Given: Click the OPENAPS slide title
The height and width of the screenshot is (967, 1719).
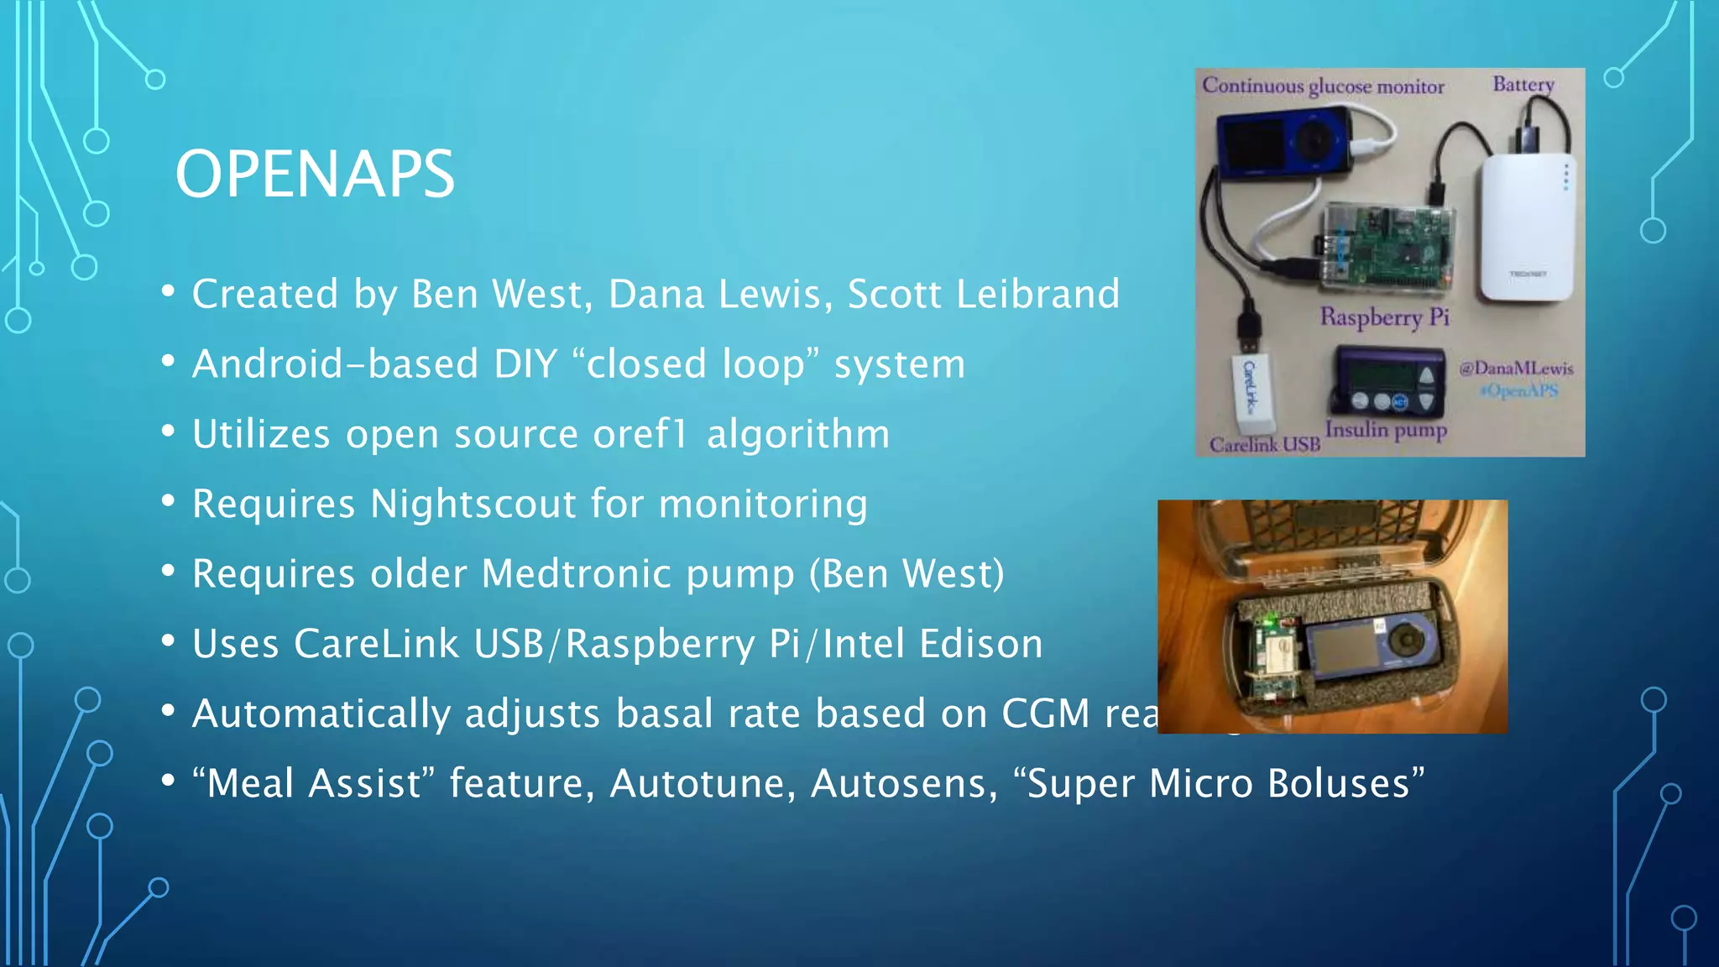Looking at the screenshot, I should [315, 174].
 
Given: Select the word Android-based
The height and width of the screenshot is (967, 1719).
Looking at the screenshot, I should [335, 364].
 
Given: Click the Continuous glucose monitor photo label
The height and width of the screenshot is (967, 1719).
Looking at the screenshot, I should [1323, 86].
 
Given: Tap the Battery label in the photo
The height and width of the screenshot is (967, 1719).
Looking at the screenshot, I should [1523, 84].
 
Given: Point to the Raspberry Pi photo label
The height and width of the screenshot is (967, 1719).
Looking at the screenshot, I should [1384, 316].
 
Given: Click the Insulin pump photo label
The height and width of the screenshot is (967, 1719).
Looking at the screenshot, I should [1386, 430].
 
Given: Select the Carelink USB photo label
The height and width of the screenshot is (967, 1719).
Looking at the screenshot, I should [1264, 444].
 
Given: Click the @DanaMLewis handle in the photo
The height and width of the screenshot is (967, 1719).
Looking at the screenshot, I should [1516, 368].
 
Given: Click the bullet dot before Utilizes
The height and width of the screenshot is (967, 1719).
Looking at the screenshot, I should [169, 431].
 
